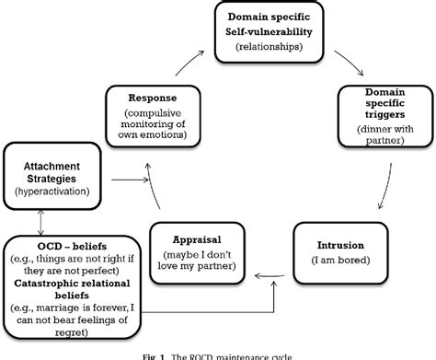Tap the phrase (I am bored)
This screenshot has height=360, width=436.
pyautogui.click(x=343, y=261)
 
